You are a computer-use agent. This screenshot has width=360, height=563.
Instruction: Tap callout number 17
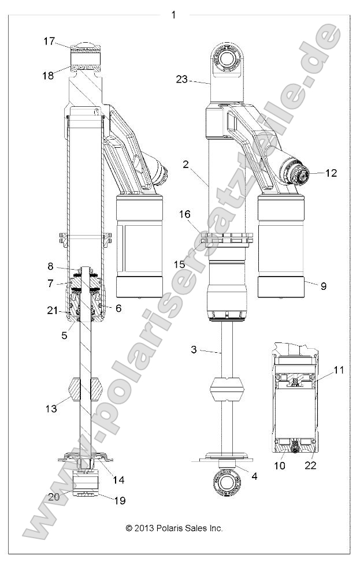49,41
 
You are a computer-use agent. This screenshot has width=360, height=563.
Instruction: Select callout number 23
181,80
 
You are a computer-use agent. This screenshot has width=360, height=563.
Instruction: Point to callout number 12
331,173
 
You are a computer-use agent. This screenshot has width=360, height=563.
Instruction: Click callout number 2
185,165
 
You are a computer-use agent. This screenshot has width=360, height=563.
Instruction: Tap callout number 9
323,285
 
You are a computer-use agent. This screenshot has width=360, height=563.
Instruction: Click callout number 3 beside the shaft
195,350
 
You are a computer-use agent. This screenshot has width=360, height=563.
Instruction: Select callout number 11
339,370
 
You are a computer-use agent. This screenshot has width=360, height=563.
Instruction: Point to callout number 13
51,408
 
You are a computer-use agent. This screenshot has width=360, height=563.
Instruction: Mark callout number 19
120,501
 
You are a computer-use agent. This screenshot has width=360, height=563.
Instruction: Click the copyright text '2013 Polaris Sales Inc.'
174,528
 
